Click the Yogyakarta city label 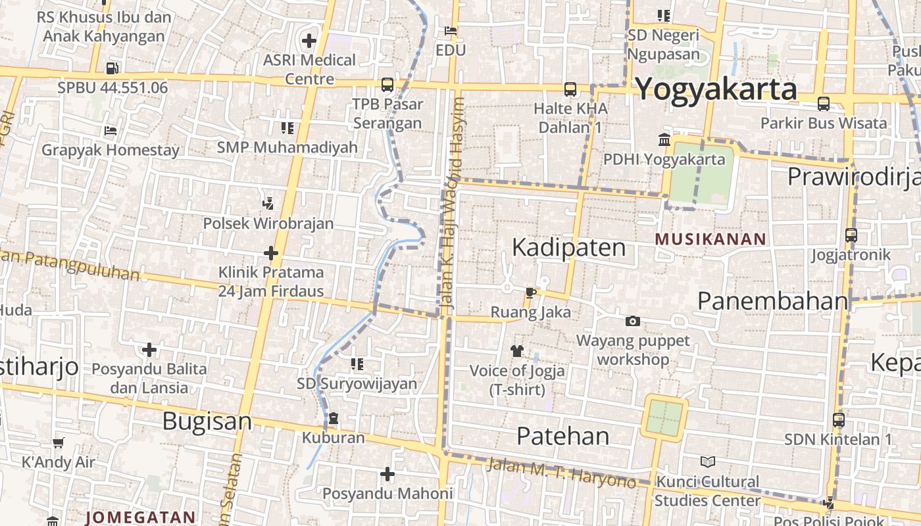716,89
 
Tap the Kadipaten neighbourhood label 569,247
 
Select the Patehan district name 563,435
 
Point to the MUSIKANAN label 711,239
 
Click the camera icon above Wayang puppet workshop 632,321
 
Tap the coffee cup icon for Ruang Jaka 531,293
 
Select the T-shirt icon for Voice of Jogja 517,351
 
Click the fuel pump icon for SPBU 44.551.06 112,68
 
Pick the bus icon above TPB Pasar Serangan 387,84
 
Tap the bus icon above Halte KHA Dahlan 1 570,89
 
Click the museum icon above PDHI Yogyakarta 664,139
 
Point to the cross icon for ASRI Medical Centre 309,41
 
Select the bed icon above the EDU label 451,30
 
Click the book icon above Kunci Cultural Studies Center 707,462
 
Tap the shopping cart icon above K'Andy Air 59,442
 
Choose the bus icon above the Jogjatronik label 851,235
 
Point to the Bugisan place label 207,421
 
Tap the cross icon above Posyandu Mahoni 387,473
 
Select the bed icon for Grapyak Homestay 111,130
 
